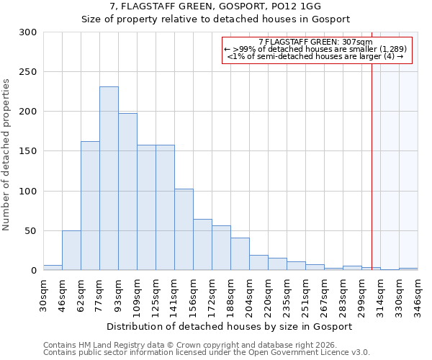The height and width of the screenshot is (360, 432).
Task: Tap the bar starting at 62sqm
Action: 90,205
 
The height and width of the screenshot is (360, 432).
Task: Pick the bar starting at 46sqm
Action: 71,251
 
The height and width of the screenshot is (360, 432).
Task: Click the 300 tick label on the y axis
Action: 28,32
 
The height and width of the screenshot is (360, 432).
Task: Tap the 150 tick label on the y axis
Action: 28,151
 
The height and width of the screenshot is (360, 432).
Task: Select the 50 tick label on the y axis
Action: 31,231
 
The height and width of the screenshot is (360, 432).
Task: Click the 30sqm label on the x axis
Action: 44,294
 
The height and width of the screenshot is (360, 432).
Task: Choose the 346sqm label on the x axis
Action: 418,294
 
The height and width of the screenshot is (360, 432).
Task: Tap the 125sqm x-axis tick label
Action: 156,294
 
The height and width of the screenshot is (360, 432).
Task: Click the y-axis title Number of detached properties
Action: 6,155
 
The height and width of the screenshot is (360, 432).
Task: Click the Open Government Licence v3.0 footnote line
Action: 207,352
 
